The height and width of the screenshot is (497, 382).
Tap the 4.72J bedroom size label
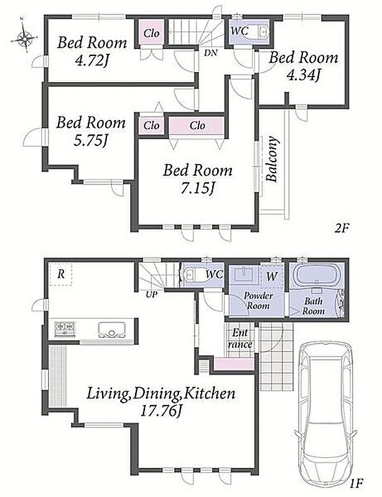point(90,61)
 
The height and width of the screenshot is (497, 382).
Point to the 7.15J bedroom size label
point(197,189)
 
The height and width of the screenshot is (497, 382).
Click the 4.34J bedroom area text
point(303,75)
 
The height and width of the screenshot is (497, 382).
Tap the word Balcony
point(273,159)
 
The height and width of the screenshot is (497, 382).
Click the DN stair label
point(210,53)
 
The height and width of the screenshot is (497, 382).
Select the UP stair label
point(151,294)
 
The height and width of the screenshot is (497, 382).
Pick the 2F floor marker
point(342,228)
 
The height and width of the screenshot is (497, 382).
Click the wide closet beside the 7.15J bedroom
point(197,126)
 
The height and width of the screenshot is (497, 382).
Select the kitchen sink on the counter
point(112,330)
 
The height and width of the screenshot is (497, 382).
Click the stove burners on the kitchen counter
point(65,329)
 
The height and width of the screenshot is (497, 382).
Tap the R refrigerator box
point(60,274)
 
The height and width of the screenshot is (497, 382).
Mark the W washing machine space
point(271,276)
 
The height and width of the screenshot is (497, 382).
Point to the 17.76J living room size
point(161,411)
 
